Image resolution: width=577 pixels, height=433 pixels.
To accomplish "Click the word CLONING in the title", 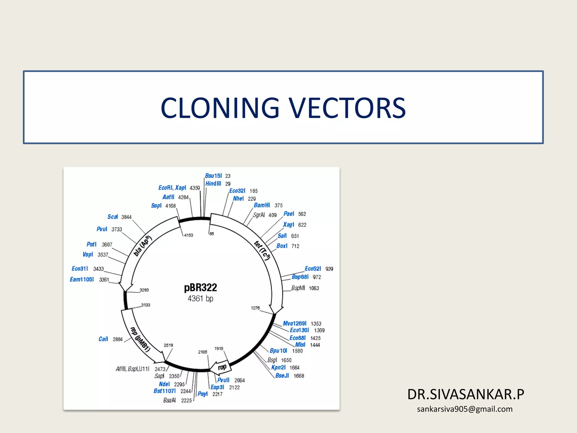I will tap(220, 108).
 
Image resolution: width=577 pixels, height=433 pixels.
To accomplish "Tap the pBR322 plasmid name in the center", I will tap(200, 288).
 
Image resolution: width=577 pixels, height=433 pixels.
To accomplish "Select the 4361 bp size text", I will tap(200, 299).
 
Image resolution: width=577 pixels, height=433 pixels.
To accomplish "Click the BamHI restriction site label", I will tap(262, 205).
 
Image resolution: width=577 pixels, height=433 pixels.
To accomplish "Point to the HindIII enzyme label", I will tap(213, 184).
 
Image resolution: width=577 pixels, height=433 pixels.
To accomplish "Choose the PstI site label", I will tap(91, 244).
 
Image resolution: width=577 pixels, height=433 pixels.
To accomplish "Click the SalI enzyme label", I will tap(282, 236).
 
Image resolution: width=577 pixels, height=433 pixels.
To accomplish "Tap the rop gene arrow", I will tap(222, 367).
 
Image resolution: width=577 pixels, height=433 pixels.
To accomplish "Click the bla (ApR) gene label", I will tap(142, 246).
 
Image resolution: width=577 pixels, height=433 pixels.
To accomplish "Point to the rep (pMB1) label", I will tap(140, 339).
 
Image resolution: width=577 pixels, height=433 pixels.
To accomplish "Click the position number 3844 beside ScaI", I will tap(126, 217).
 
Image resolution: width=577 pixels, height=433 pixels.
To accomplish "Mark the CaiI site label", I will tap(103, 339).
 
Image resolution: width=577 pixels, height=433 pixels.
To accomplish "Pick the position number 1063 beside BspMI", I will tap(314, 288).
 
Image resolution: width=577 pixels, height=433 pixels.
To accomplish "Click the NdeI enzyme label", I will tap(164, 384).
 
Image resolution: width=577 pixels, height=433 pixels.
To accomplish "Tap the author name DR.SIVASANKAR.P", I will tap(465, 394).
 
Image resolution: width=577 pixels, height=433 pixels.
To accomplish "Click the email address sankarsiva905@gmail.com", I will tap(465, 409).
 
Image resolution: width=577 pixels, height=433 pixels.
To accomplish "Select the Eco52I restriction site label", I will tap(313, 269).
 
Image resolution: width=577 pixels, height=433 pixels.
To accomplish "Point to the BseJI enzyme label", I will tap(282, 375).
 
